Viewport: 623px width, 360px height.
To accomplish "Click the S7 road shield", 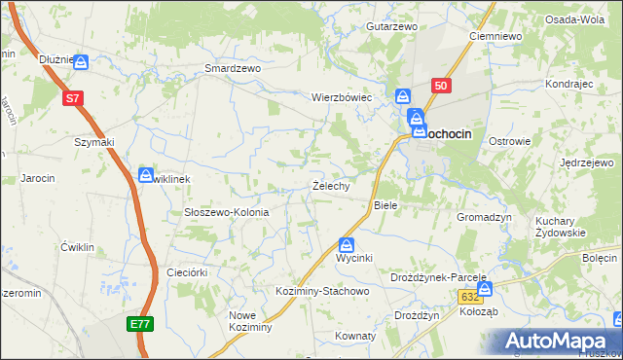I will point(72,97).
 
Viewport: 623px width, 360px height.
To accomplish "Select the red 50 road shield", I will point(441,86).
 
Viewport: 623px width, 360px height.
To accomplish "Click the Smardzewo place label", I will point(233,69).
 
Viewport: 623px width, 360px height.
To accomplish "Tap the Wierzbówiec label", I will point(342,97).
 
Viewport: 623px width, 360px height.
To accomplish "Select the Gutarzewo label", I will point(391,26).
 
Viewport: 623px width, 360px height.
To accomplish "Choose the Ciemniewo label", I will point(495,36).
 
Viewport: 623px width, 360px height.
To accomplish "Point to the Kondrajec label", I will point(569,84).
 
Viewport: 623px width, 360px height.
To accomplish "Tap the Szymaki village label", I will point(94,142).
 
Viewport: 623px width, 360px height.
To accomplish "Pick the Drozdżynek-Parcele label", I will point(438,276).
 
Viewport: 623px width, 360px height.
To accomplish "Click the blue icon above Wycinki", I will point(347,245).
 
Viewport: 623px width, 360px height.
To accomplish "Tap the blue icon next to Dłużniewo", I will point(81,61).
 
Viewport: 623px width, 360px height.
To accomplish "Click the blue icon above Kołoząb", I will point(485,289).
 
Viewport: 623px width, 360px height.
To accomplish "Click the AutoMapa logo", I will point(559,342).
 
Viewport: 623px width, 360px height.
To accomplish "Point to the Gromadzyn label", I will point(484,218).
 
